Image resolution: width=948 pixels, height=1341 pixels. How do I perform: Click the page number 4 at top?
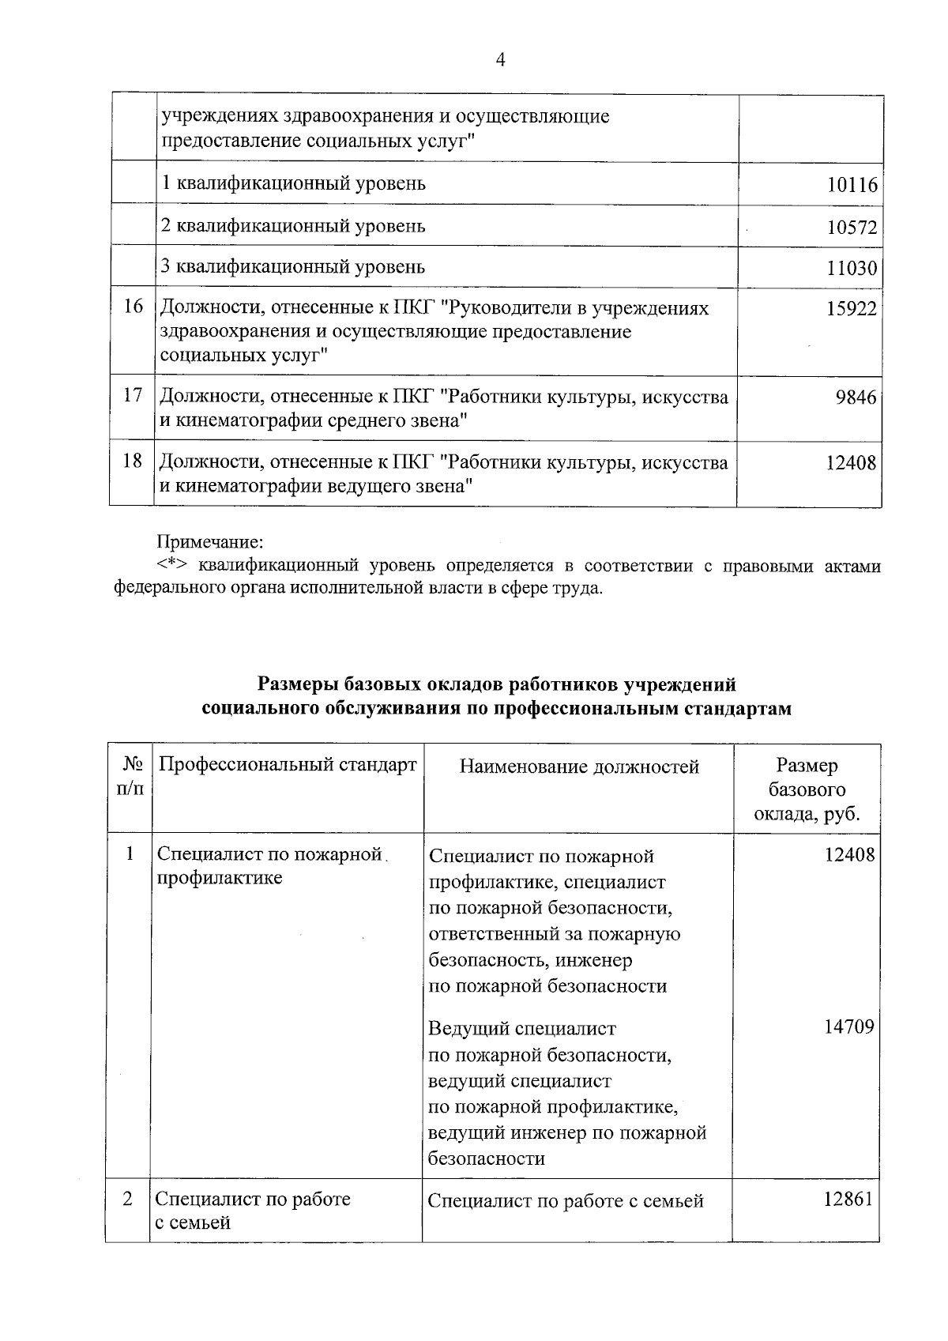[499, 61]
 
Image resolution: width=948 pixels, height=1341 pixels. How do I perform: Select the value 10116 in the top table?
[852, 185]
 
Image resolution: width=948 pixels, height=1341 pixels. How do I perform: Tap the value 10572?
[852, 228]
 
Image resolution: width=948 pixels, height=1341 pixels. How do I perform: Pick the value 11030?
[852, 269]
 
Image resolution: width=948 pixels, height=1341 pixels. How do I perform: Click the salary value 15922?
[852, 309]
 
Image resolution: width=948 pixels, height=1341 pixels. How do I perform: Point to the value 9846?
[856, 397]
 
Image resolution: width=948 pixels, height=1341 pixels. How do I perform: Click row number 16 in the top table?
[133, 307]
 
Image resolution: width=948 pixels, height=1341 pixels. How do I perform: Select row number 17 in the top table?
[133, 395]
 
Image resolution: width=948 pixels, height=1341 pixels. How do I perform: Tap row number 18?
[133, 461]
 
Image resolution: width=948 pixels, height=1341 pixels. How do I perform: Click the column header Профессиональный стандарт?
[288, 765]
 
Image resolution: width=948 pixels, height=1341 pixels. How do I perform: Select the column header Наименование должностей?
[579, 767]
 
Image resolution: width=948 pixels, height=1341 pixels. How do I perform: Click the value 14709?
[849, 1026]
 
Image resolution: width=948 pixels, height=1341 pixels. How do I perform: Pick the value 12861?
[848, 1199]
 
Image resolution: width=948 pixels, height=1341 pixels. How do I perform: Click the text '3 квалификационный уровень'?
[293, 266]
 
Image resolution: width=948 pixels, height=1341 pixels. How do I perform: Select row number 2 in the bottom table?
[128, 1199]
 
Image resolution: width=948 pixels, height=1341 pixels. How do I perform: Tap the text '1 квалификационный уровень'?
[293, 183]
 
